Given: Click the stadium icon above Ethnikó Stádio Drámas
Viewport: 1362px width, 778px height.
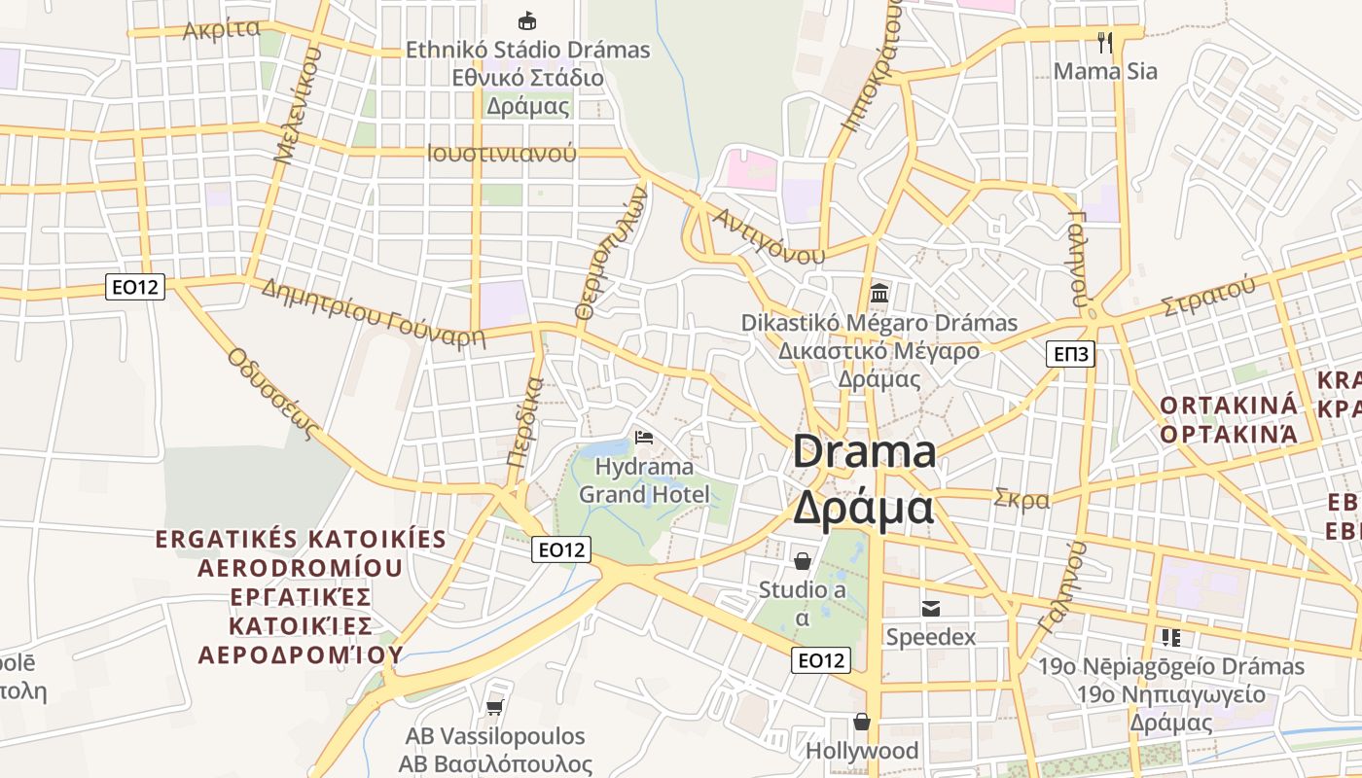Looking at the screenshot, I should click(527, 20).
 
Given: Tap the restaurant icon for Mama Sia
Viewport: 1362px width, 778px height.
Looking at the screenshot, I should click(1105, 42).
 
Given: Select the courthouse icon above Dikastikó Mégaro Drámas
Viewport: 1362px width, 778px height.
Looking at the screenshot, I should click(879, 292).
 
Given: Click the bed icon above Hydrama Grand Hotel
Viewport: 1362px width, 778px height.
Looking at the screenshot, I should click(643, 438).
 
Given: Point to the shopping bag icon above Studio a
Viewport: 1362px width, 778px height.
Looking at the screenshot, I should click(803, 561).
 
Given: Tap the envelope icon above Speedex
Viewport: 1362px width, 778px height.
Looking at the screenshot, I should click(931, 609).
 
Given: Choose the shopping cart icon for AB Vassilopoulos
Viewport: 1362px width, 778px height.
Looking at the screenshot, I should click(494, 707).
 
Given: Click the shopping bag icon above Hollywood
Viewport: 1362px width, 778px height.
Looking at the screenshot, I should click(862, 722).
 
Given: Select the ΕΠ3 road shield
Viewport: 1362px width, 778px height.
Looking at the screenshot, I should click(1071, 354).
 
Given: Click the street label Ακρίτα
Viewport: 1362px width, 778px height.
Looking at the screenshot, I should click(222, 29).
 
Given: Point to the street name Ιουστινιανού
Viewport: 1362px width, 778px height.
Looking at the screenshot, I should click(501, 153).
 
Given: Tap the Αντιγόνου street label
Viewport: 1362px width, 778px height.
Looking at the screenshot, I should click(769, 235).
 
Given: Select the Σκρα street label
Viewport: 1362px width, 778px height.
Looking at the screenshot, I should click(1021, 500).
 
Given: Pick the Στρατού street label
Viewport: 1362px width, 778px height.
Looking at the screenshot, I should click(1207, 297).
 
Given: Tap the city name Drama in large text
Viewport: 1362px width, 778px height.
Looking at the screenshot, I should click(864, 452).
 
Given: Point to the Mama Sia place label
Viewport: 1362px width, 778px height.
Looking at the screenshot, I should click(1105, 71).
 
